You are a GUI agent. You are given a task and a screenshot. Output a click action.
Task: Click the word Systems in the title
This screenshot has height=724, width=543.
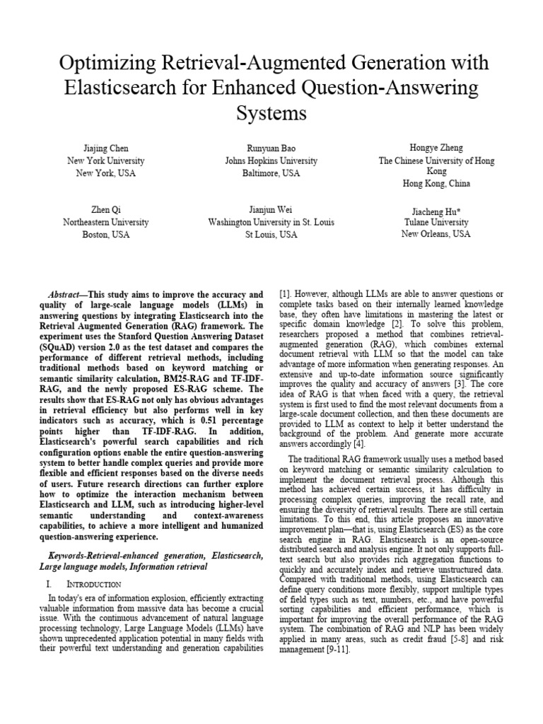pos(271,113)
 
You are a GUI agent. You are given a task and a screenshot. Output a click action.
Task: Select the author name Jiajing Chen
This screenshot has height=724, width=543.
pos(106,149)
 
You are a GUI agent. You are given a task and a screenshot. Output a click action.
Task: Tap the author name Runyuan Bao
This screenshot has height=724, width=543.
pos(271,149)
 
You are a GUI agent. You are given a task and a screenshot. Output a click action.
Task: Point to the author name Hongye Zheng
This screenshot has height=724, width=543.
pos(436,148)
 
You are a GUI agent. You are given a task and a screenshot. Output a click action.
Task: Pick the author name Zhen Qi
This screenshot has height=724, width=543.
pos(106,210)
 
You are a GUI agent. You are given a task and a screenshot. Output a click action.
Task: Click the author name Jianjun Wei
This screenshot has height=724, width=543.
pos(271,210)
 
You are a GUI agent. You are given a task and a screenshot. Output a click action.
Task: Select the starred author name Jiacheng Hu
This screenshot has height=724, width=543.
pos(436,211)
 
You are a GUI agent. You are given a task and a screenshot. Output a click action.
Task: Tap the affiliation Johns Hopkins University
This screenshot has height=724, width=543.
pos(271,161)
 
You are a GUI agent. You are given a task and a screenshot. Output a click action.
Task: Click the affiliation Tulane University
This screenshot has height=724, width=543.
pos(436,223)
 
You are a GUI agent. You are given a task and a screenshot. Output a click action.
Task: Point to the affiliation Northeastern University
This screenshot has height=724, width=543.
pos(106,222)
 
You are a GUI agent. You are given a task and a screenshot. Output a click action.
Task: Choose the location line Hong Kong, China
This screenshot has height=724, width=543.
pos(436,183)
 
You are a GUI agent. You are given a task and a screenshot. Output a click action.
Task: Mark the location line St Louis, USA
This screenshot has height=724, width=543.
pos(271,234)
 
